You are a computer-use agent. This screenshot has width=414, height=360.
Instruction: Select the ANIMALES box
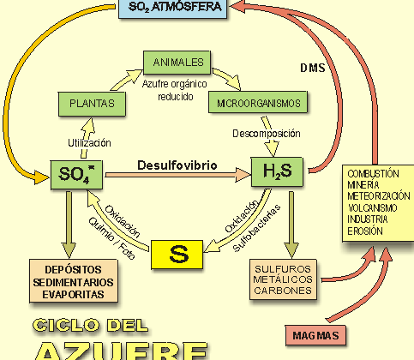tap(178, 63)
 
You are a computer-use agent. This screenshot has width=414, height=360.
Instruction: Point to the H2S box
tap(274, 171)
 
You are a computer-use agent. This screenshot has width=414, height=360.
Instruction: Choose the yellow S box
tap(179, 253)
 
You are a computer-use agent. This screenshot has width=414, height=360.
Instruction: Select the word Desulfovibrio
tap(177, 164)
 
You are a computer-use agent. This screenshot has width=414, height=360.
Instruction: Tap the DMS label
tap(312, 68)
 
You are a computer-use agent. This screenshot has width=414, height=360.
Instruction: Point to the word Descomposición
tap(267, 134)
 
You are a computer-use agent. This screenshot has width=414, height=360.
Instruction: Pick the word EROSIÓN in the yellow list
tap(366, 230)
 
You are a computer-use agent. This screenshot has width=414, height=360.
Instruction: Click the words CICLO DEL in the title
tap(89, 327)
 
